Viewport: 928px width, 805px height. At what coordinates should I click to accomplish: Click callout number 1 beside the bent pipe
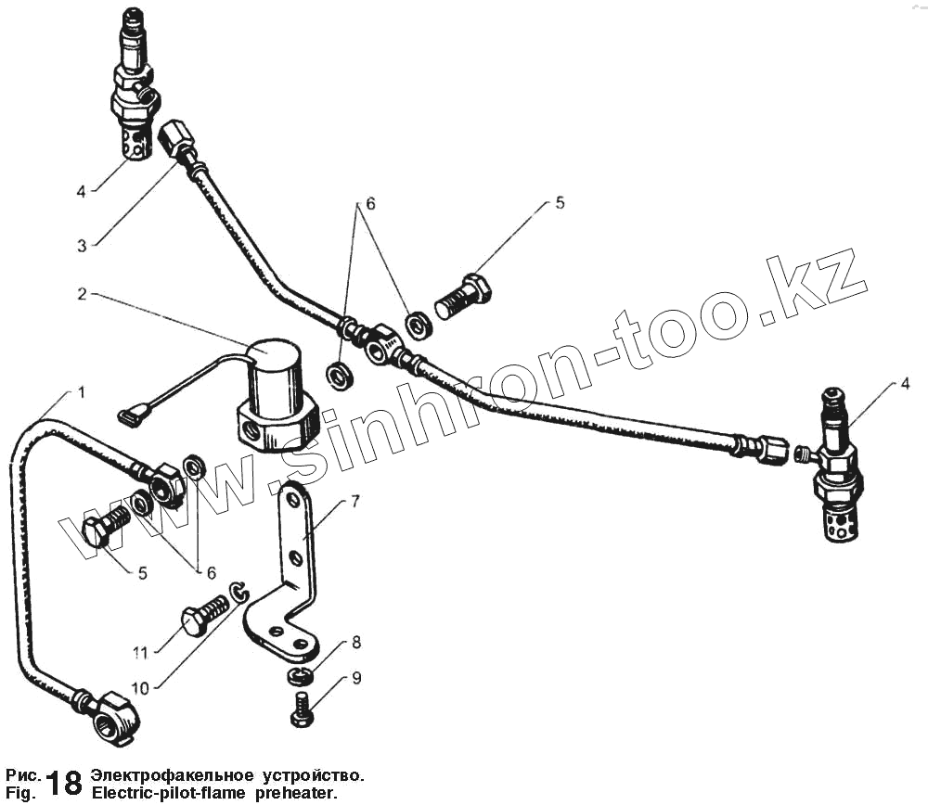click(x=82, y=393)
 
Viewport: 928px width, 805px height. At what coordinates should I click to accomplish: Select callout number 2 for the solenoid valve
click(x=82, y=295)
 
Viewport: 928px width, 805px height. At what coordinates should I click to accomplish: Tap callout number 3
click(x=82, y=246)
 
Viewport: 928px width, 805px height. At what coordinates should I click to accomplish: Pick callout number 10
click(x=139, y=687)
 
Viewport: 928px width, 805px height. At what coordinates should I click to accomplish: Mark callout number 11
click(x=139, y=653)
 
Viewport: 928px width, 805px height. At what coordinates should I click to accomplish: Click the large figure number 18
click(x=63, y=782)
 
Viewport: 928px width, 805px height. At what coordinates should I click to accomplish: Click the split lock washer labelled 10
click(x=239, y=593)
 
